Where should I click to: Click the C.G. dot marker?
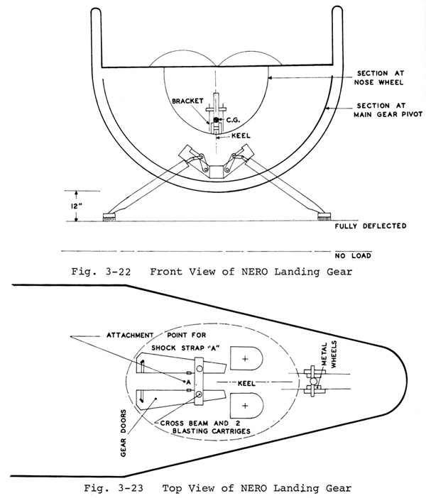(x=216, y=120)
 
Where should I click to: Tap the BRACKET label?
(x=187, y=101)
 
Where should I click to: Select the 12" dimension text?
(x=76, y=206)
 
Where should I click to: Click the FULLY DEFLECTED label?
(x=371, y=226)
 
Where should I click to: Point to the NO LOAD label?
(x=353, y=255)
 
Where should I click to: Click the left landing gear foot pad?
(x=109, y=217)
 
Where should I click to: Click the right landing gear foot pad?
(x=324, y=217)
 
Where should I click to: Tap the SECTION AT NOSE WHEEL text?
(x=379, y=78)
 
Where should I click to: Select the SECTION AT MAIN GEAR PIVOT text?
(x=388, y=110)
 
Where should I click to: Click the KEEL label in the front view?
(x=241, y=135)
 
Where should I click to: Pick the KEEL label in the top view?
(x=246, y=383)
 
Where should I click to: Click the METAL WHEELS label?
(x=329, y=355)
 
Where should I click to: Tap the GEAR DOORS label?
(x=124, y=433)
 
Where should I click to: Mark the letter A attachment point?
(x=188, y=382)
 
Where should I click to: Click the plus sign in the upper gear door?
(x=245, y=359)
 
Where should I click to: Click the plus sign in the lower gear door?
(x=245, y=406)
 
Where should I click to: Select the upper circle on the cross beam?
(x=200, y=368)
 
